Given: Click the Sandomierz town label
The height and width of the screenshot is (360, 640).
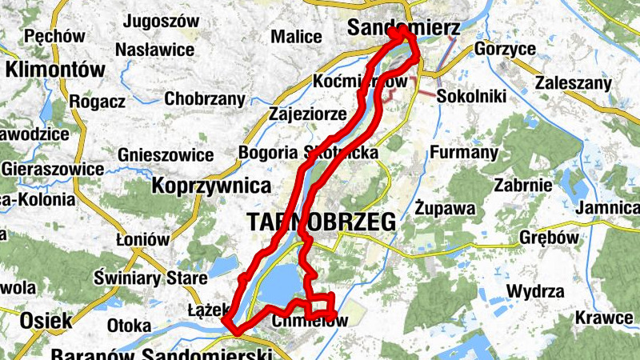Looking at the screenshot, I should (404, 29).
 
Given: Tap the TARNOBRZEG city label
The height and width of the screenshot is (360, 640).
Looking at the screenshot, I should (322, 223).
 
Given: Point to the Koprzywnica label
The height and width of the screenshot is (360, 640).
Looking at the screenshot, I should (211, 186).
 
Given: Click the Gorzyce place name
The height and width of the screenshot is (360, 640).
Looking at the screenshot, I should (505, 49).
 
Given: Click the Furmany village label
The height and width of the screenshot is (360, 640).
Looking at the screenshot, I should (464, 152).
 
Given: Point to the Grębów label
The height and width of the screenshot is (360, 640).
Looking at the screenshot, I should (547, 238).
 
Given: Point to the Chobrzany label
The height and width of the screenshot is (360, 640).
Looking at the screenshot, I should (204, 99).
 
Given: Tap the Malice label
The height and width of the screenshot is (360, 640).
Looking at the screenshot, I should (296, 37).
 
